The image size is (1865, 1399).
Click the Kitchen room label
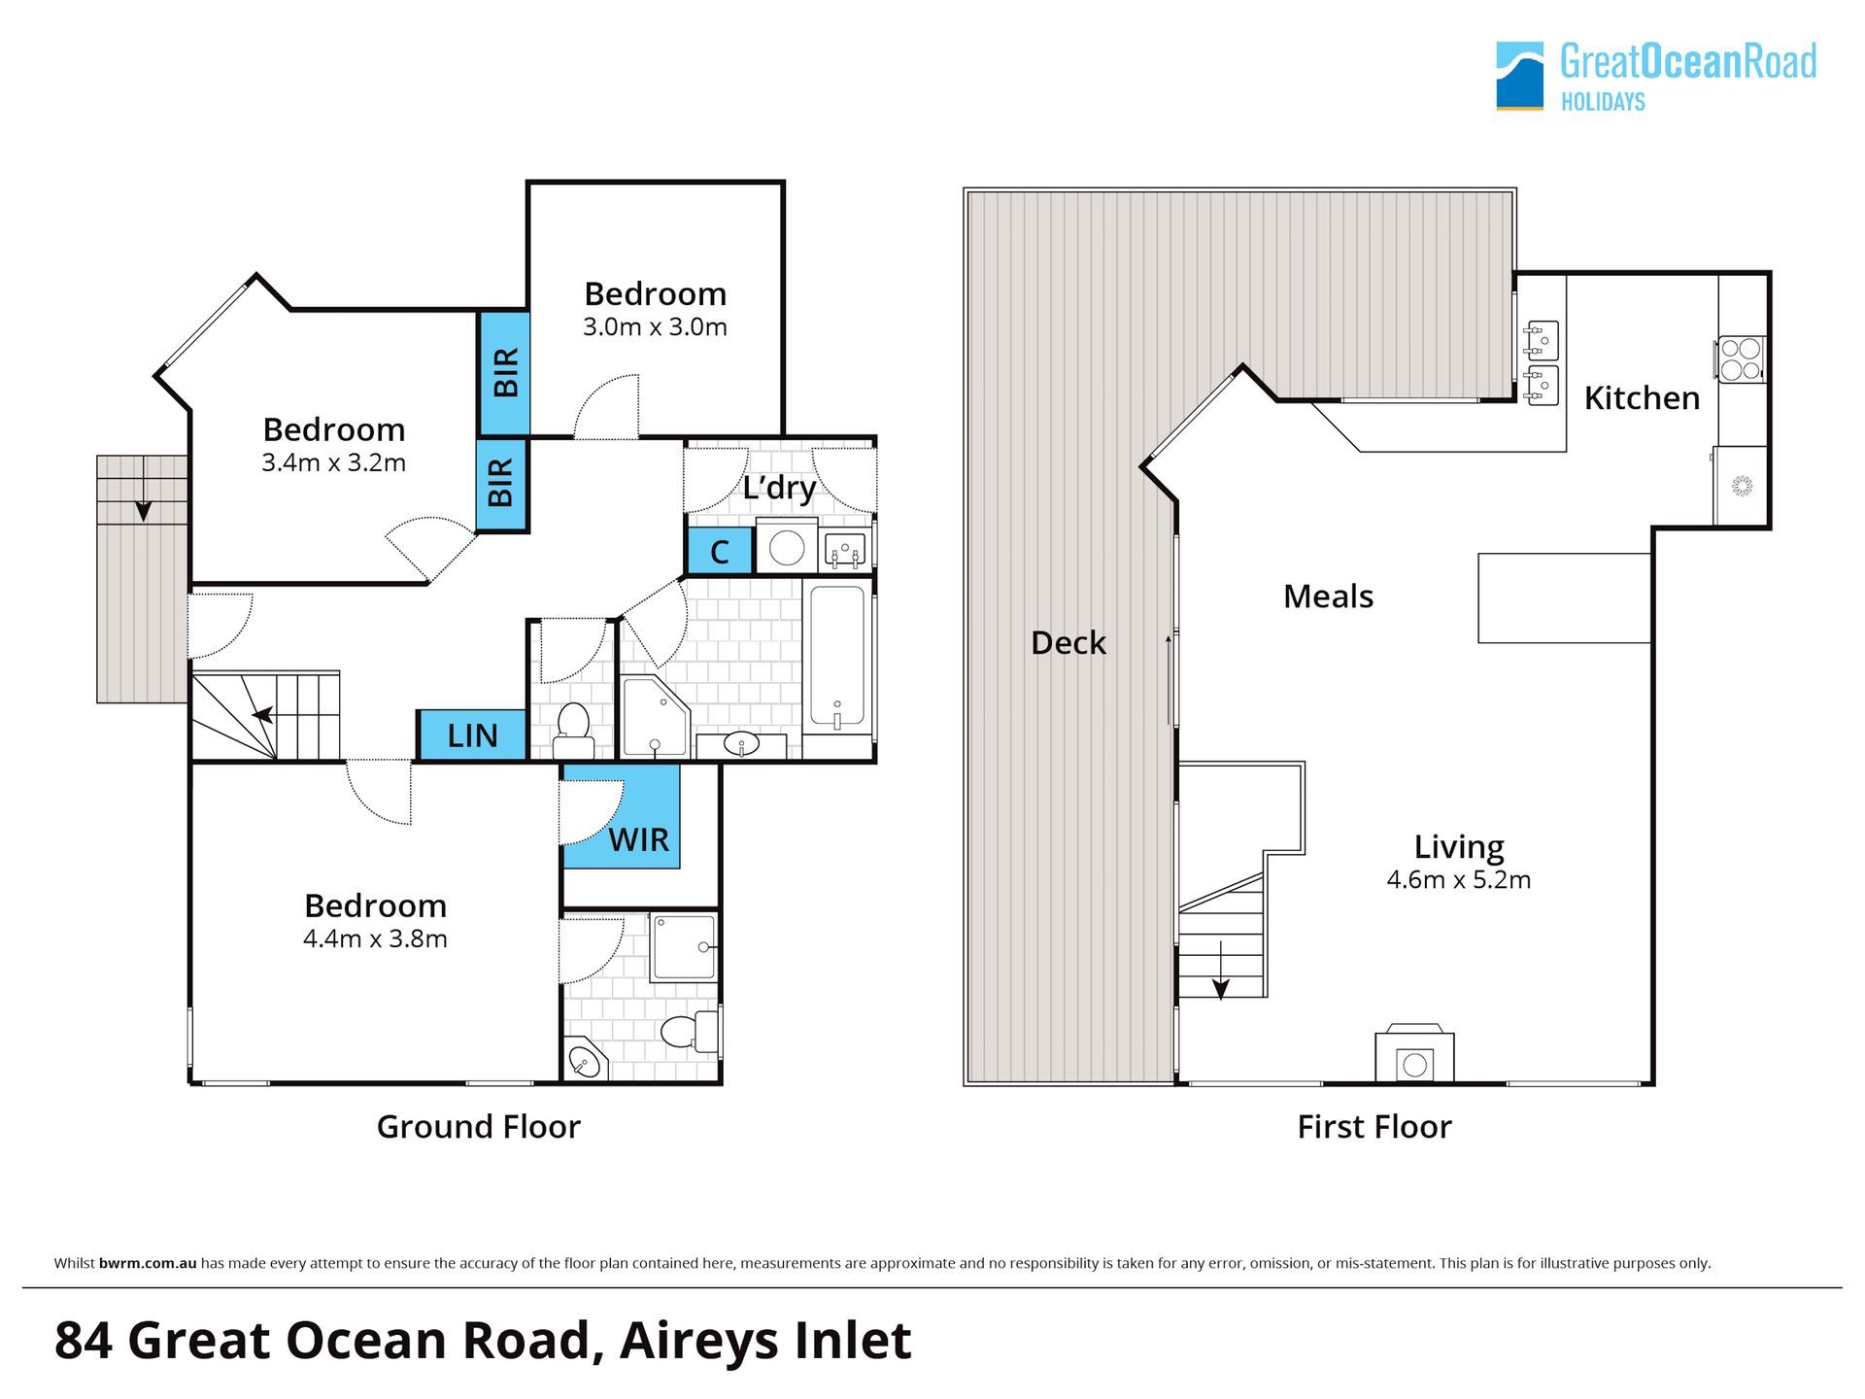click(x=1642, y=398)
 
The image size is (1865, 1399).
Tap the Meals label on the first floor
click(x=1328, y=597)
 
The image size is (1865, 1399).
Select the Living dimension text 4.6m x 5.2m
click(x=1459, y=880)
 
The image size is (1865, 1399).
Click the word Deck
click(x=1068, y=643)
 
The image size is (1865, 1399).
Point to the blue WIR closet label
click(x=638, y=839)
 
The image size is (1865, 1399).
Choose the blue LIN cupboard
click(x=472, y=735)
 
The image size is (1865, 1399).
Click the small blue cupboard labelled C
click(x=720, y=552)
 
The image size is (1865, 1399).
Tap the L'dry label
click(x=779, y=487)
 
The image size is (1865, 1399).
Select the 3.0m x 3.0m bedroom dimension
click(x=655, y=327)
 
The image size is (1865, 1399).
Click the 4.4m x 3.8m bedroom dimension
click(x=375, y=939)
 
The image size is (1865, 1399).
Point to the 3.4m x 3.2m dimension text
click(x=333, y=463)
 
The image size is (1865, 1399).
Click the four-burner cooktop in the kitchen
click(x=1740, y=358)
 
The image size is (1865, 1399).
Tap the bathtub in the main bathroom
click(x=836, y=657)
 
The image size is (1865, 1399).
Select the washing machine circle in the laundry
click(x=786, y=548)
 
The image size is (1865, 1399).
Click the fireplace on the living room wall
click(x=1414, y=1053)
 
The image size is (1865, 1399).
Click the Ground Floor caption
click(x=478, y=1127)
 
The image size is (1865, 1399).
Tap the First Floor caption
click(x=1374, y=1127)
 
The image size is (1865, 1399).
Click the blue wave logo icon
click(x=1519, y=76)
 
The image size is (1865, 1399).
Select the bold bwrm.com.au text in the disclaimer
click(x=148, y=1264)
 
